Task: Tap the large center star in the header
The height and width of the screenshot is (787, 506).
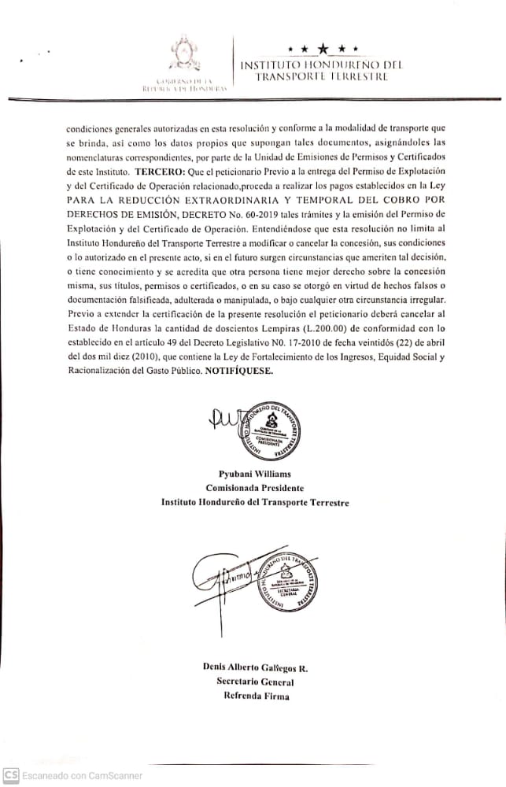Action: (x=323, y=50)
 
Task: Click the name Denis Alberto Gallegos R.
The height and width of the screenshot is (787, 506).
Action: (x=255, y=667)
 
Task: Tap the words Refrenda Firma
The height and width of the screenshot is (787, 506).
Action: (x=255, y=696)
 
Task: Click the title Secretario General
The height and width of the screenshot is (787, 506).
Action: (x=255, y=682)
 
